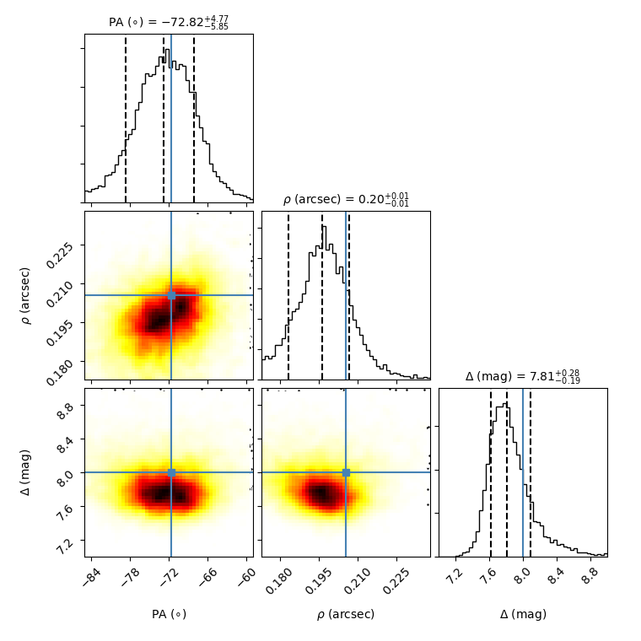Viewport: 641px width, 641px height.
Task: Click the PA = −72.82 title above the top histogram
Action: pos(169,23)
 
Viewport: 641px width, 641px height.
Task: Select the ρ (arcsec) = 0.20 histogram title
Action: pos(346,200)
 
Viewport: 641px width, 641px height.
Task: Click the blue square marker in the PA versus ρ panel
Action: pos(171,295)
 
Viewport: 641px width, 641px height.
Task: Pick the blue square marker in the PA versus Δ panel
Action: pos(171,472)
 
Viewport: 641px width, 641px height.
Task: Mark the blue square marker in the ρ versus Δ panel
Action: pos(346,472)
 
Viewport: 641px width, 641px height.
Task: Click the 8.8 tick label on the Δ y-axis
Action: pos(66,406)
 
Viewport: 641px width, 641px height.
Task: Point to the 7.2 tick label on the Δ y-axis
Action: pos(66,540)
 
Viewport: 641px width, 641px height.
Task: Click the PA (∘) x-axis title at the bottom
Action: pos(169,614)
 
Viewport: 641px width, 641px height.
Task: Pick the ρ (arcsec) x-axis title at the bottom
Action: pos(346,614)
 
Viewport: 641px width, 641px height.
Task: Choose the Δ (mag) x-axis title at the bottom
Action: pos(523,614)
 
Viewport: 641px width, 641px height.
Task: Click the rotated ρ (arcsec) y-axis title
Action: pos(25,295)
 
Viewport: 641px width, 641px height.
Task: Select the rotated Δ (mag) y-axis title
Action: pos(25,472)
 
